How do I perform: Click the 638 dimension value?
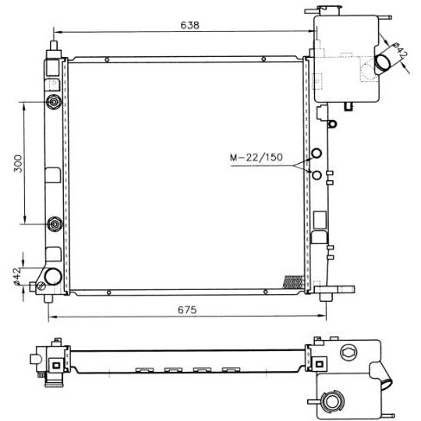pos(190,25)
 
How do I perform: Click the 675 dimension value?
pos(187,310)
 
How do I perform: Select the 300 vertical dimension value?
pos(18,163)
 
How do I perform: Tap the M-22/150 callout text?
pos(256,157)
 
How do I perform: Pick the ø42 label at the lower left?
pos(17,276)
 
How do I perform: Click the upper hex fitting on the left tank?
pos(53,102)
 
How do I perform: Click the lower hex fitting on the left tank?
pos(54,223)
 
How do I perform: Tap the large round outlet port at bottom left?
pos(53,276)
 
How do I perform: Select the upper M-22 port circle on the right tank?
pos(317,153)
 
